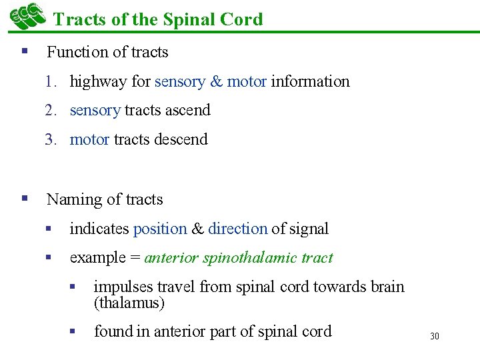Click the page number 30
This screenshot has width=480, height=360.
pyautogui.click(x=435, y=336)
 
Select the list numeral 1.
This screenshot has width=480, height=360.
pyautogui.click(x=50, y=81)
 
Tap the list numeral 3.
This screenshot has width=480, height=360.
pyautogui.click(x=50, y=139)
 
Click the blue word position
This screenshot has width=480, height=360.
pyautogui.click(x=160, y=229)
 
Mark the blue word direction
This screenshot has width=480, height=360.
pyautogui.click(x=237, y=229)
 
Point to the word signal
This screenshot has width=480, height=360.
pyautogui.click(x=309, y=229)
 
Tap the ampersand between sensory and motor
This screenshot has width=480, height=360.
pyautogui.click(x=216, y=81)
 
